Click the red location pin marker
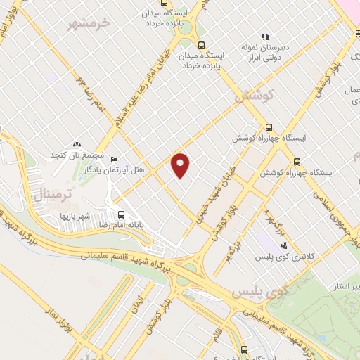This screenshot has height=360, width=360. coord(181,165)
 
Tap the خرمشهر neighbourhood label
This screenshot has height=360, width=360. coord(89,23)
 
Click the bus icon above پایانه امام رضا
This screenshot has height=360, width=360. coord(121,214)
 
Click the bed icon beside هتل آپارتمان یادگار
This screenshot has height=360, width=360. coord(115,159)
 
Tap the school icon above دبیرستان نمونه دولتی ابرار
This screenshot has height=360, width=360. coord(265,36)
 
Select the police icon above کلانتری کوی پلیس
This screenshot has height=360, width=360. coord(283,245)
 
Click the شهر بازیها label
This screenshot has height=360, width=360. coord(77,215)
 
